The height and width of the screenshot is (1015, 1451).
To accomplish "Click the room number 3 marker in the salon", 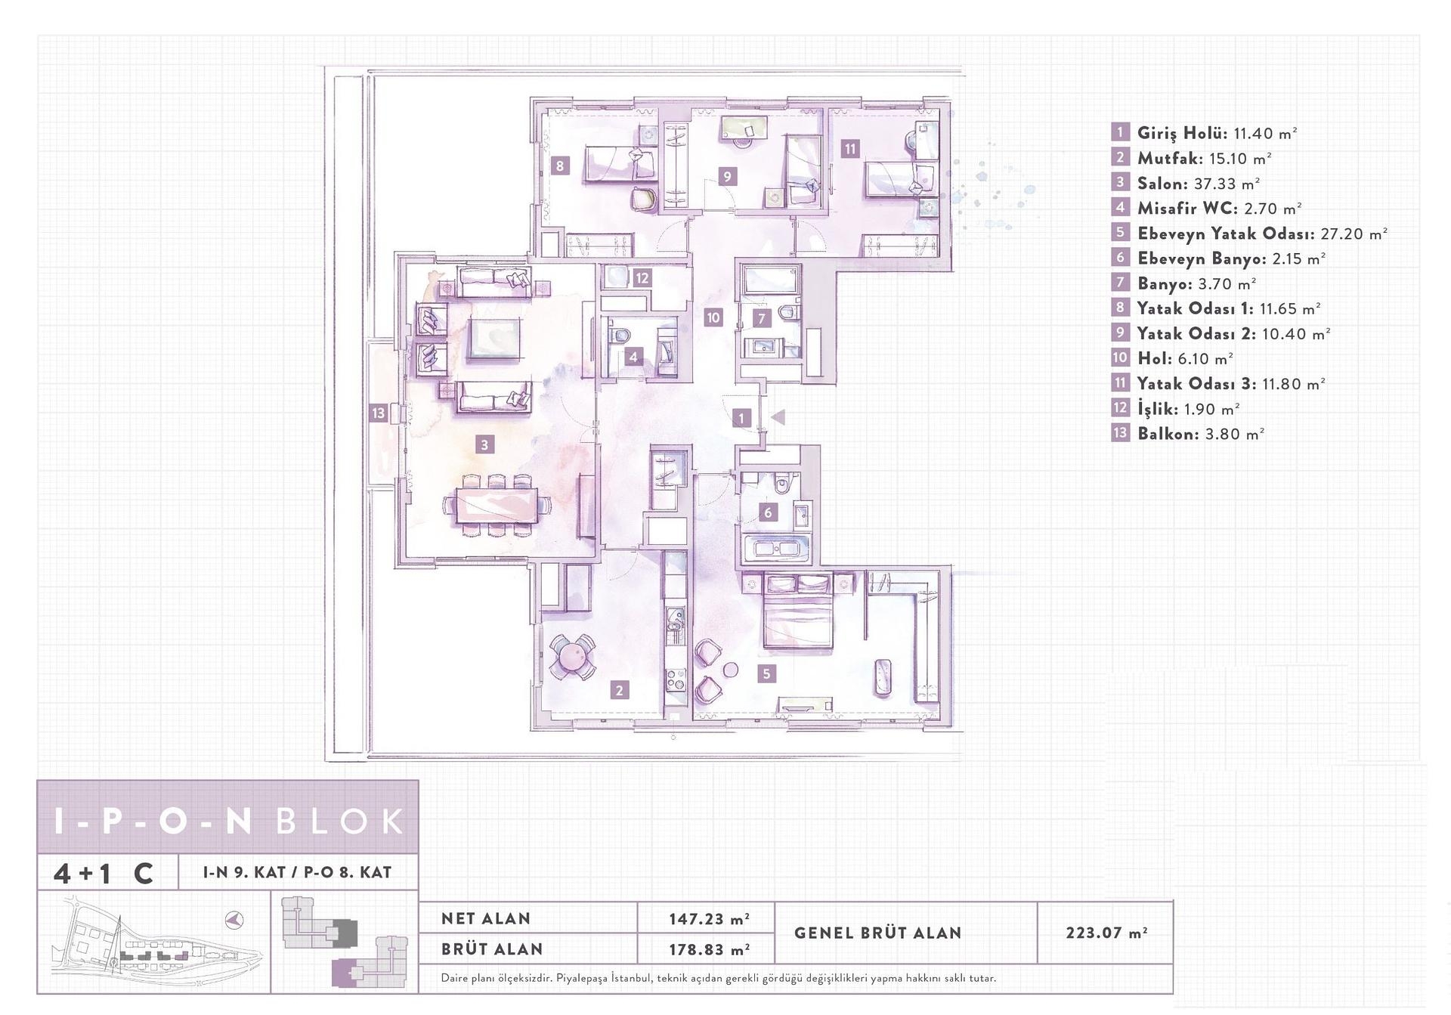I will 485,444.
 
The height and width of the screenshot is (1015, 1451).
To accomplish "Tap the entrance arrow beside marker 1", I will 778,416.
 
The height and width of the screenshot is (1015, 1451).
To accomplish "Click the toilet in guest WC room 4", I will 621,335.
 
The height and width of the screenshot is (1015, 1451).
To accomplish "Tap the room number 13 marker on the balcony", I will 379,413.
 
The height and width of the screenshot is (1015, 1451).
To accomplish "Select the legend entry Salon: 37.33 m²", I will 1198,184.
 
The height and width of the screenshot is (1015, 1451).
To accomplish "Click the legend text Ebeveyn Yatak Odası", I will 1225,234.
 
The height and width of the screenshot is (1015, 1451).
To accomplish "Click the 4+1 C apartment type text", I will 104,873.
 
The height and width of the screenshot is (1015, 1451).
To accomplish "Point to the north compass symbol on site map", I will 235,920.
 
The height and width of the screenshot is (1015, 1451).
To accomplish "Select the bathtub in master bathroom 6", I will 777,549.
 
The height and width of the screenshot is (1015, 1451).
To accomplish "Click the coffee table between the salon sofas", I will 494,339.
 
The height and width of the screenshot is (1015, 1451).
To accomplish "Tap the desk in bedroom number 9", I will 744,127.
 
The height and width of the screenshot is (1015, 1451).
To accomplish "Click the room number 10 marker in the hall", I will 713,317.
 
